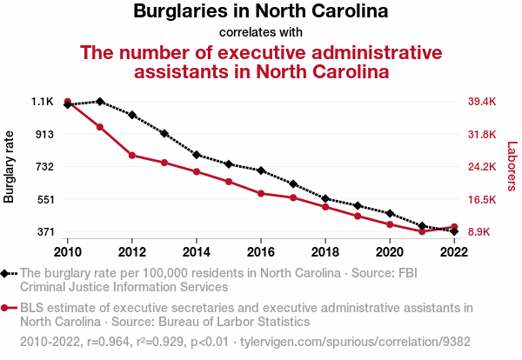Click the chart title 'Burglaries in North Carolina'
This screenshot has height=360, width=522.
260,12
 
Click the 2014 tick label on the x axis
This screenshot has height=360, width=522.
197,251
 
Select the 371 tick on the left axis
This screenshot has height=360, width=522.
44,232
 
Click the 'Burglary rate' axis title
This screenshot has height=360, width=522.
10,167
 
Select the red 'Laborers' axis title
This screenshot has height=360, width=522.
512,167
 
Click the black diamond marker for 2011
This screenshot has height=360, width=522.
100,102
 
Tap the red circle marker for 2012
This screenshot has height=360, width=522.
132,156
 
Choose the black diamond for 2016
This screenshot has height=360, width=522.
261,170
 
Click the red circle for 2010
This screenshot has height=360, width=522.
68,102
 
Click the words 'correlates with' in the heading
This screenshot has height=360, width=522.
260,32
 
